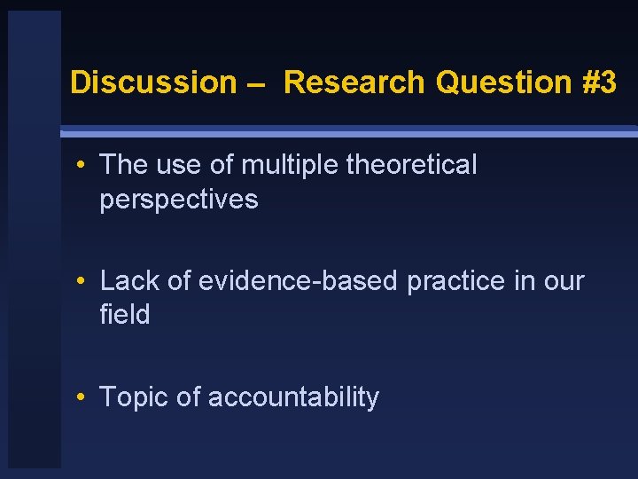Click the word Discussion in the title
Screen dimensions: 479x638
click(x=153, y=82)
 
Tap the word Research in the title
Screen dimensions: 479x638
click(x=355, y=82)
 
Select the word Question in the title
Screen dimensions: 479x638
click(x=504, y=82)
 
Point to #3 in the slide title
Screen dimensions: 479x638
click(x=600, y=82)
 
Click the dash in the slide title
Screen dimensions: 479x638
click(x=261, y=83)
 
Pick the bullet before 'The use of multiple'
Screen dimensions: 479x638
click(x=80, y=166)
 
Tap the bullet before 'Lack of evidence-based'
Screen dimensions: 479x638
click(x=80, y=282)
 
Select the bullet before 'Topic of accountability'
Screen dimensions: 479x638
click(x=80, y=398)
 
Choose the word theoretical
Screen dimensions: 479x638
click(x=411, y=165)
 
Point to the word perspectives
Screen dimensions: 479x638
click(x=179, y=200)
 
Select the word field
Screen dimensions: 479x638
click(x=125, y=315)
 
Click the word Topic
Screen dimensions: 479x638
click(x=135, y=398)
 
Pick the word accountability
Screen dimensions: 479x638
click(x=293, y=398)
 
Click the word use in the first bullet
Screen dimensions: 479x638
click(x=184, y=165)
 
